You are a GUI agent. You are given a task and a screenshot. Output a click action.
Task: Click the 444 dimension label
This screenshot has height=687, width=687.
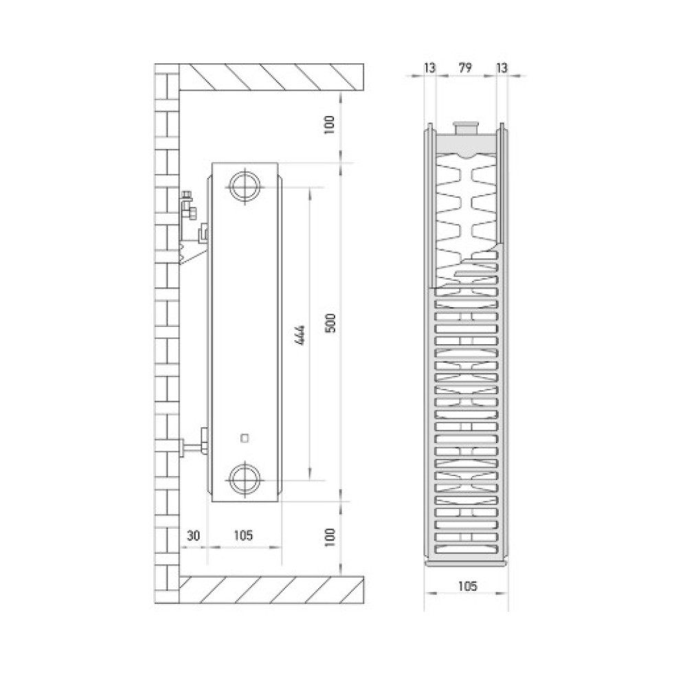coord(301,336)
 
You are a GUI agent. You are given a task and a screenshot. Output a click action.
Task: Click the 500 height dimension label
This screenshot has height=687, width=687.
coord(332,323)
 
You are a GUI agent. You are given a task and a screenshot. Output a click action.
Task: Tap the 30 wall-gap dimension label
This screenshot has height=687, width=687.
coord(193,535)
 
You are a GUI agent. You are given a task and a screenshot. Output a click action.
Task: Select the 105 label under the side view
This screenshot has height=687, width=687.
coord(243,535)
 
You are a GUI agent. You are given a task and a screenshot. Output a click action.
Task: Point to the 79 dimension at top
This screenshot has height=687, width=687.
coord(465,68)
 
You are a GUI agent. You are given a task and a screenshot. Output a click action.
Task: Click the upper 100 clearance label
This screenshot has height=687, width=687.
coord(330,125)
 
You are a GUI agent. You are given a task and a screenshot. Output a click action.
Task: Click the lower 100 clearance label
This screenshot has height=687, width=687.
coord(330,537)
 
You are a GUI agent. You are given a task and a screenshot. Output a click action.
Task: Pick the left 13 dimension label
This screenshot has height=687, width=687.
coord(430,68)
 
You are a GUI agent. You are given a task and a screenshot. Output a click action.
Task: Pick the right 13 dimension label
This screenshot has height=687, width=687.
coord(502,68)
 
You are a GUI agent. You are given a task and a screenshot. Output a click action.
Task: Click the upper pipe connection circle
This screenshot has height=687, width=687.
coord(245,187)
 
